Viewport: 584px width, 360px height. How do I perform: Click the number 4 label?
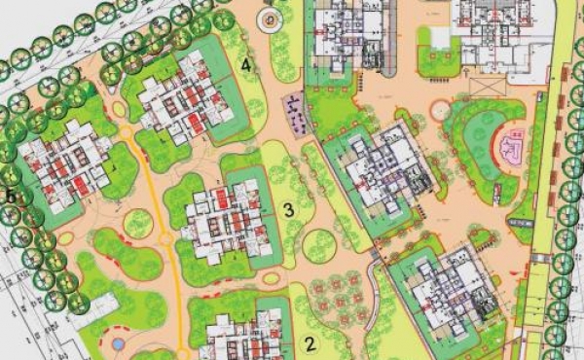247,65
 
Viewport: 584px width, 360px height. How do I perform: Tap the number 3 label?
287,208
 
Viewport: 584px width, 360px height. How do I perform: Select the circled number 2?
310,342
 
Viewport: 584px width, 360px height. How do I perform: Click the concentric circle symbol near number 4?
267,18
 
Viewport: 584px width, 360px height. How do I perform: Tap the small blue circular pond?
118,342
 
